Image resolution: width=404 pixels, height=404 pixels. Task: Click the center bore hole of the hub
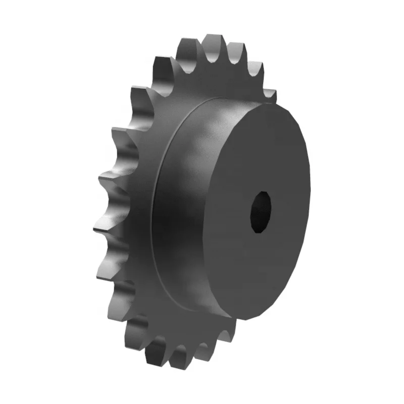click(x=260, y=211)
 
